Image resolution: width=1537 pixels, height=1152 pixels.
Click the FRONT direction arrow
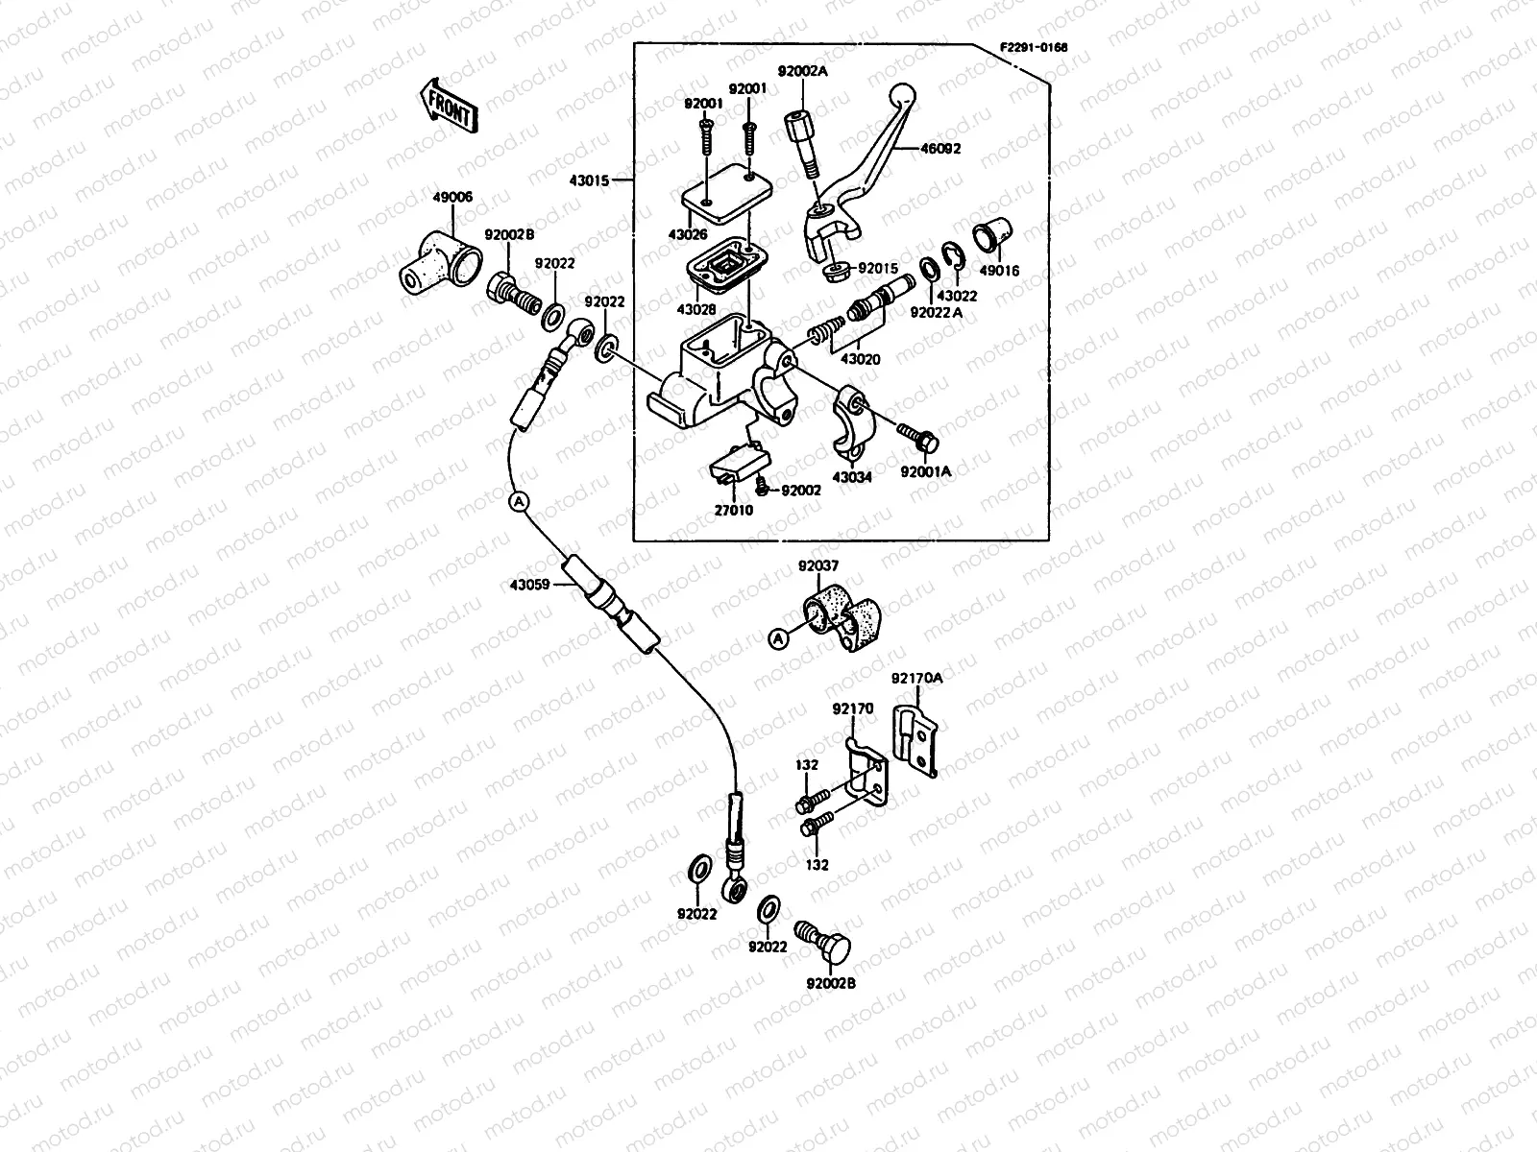[x=448, y=104]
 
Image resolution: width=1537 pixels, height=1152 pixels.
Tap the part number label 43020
[x=861, y=359]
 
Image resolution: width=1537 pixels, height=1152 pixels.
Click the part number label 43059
[x=529, y=583]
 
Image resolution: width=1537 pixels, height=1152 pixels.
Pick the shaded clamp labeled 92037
[x=841, y=619]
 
